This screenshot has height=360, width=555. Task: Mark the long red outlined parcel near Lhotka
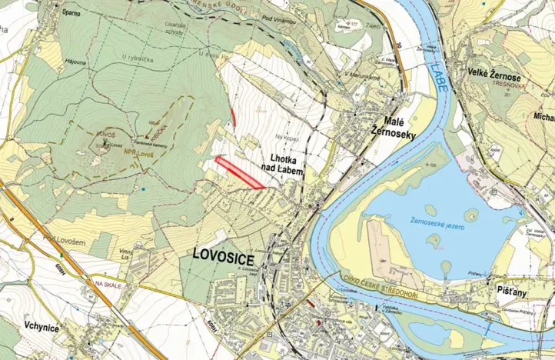(x=239, y=172)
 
